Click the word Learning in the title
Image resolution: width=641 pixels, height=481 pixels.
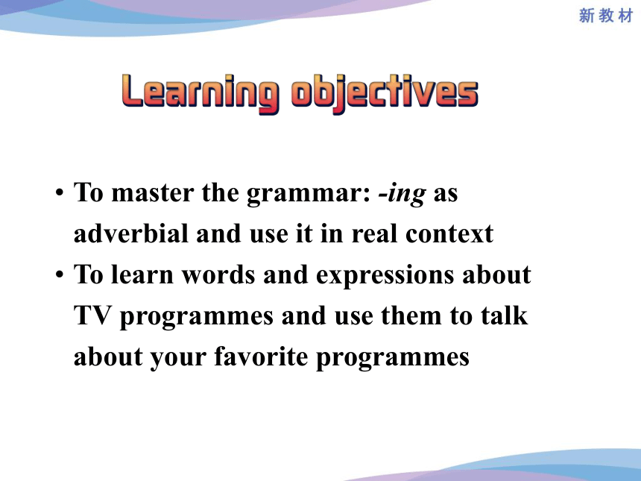point(200,94)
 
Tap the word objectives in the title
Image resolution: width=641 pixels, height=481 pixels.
point(385,94)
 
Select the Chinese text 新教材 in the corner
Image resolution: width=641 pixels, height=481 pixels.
point(606,16)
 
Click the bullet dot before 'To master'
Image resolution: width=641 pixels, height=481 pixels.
point(60,192)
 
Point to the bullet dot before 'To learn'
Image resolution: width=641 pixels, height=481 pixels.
point(60,274)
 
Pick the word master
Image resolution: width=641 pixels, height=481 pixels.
point(153,192)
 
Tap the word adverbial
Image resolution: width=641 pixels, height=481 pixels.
point(131,233)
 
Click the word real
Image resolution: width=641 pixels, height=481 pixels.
point(374,233)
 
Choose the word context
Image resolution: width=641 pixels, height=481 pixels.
point(449,234)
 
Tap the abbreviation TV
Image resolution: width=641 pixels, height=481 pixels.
point(93,315)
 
